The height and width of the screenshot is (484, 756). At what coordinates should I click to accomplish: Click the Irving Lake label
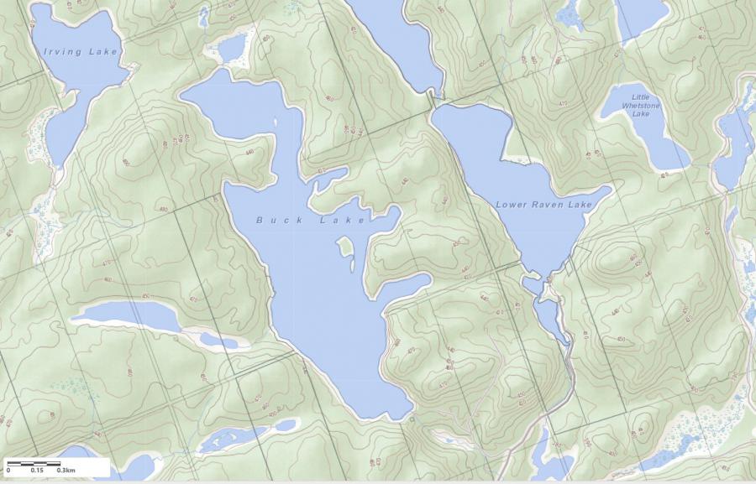81,52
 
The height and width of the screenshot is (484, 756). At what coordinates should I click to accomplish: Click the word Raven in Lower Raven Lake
547,205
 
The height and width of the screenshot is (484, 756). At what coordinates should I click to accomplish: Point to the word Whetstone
641,106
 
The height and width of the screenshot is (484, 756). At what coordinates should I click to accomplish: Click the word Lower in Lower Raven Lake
512,205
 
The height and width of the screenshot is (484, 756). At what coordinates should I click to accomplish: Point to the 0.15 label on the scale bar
37,470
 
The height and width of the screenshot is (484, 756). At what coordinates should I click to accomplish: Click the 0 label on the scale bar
8,470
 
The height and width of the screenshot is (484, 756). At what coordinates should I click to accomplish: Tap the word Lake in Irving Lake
104,52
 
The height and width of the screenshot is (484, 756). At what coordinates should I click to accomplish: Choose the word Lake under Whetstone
641,114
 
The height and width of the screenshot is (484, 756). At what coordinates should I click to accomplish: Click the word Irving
63,52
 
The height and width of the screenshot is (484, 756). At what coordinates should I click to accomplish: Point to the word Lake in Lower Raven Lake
580,205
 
